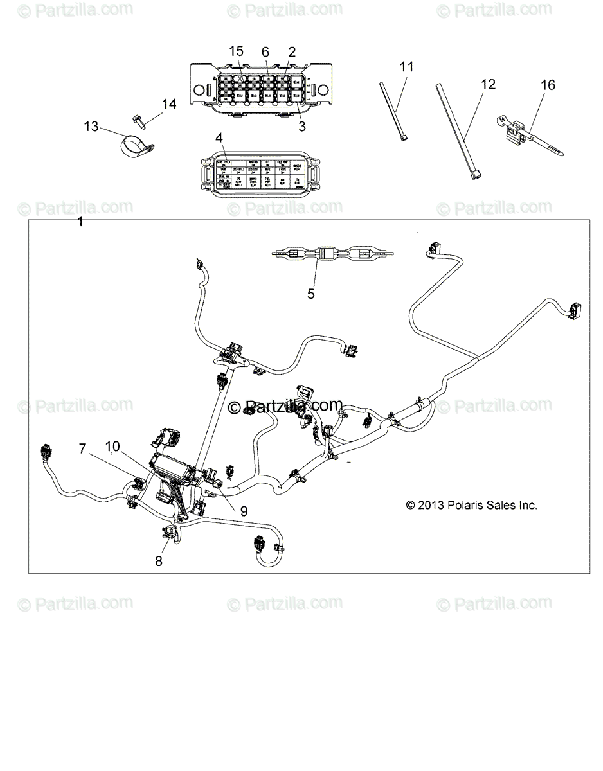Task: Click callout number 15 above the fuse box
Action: [236, 51]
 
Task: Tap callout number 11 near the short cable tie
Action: [406, 66]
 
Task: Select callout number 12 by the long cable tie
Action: [489, 84]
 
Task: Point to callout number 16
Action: [548, 85]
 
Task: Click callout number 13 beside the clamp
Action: [92, 126]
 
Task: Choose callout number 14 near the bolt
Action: [168, 103]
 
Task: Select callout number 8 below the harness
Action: [159, 560]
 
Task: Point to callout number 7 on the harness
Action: [82, 449]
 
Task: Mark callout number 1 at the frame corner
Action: [80, 222]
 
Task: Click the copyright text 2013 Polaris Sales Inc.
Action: [472, 505]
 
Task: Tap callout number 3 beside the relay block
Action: [302, 127]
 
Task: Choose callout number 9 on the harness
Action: [243, 511]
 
